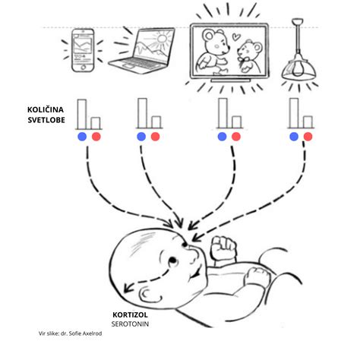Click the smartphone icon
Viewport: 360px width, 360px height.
click(x=83, y=50)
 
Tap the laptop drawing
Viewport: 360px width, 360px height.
click(x=143, y=51)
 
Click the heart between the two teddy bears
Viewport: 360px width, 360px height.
click(x=236, y=37)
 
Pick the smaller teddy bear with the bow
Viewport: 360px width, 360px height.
click(x=249, y=56)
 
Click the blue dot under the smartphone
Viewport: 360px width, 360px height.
click(x=82, y=137)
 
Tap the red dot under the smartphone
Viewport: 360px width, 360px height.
click(x=96, y=137)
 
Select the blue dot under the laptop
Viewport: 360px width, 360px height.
click(x=141, y=137)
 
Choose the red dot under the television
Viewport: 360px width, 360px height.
click(x=236, y=137)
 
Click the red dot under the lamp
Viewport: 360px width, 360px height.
click(x=308, y=137)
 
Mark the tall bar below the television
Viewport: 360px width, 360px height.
click(x=223, y=113)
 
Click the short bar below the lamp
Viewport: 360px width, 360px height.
click(x=308, y=122)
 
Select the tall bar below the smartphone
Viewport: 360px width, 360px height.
click(x=82, y=114)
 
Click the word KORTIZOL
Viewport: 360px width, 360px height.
click(x=130, y=315)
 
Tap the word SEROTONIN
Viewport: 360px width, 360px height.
click(x=130, y=324)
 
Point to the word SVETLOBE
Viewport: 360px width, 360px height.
click(x=46, y=120)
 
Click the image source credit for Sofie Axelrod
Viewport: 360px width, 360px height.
click(x=71, y=333)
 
